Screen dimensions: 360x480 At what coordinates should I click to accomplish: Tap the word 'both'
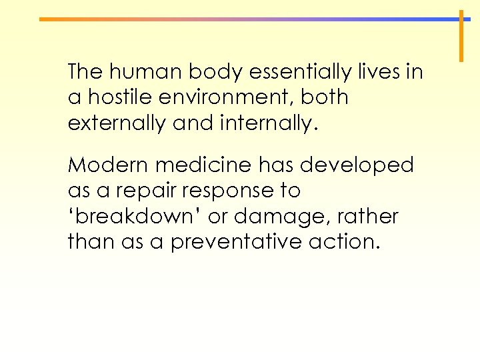(325, 97)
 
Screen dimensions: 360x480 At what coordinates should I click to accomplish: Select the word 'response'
(221, 191)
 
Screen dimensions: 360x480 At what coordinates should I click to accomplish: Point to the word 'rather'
(367, 217)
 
